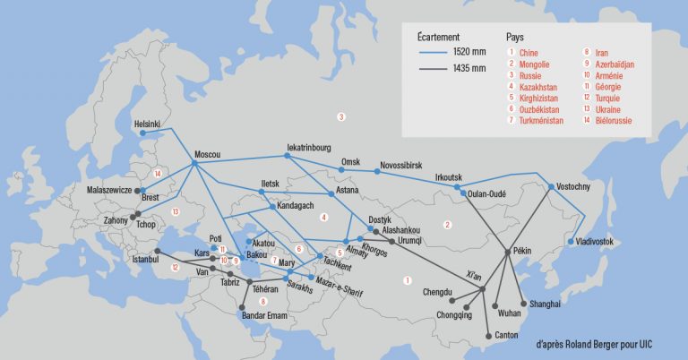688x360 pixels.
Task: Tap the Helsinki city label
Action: click(147, 124)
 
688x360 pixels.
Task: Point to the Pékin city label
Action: click(523, 252)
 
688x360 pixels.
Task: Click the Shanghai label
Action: click(545, 304)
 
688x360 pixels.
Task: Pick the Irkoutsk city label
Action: click(451, 176)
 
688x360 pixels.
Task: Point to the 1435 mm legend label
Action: click(469, 68)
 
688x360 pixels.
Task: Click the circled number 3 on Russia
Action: click(340, 116)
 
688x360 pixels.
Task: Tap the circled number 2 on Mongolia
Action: click(446, 224)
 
